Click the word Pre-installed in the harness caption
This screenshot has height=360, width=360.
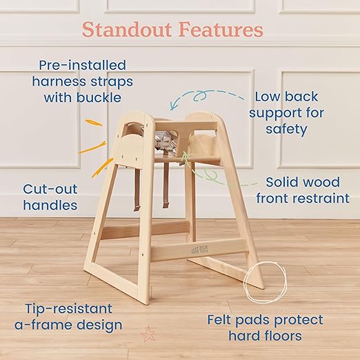tap(83, 66)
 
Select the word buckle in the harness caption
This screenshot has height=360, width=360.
tap(106, 97)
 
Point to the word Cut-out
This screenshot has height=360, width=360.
tap(50, 188)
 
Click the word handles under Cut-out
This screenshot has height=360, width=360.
tap(50, 205)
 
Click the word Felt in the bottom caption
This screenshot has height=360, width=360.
tap(223, 320)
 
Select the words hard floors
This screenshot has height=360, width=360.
tap(265, 337)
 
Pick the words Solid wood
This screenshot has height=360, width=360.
tap(302, 182)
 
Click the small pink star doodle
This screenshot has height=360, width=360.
tap(148, 334)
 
